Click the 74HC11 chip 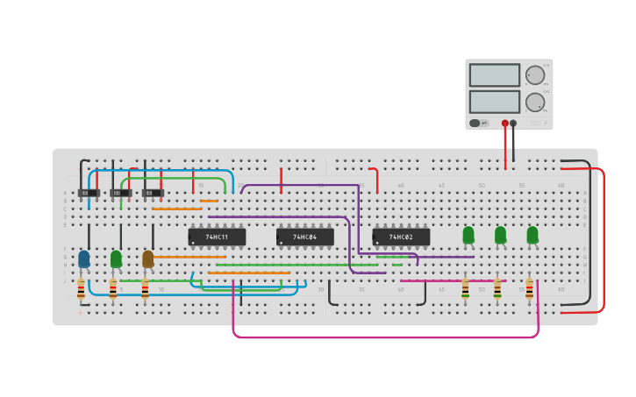click(x=217, y=237)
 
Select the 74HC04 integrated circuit click(x=304, y=237)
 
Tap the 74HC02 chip click(x=401, y=237)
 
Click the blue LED click(x=84, y=259)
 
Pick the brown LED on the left click(x=148, y=259)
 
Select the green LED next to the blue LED click(x=116, y=259)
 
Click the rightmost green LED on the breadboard click(x=532, y=235)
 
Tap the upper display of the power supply click(x=494, y=75)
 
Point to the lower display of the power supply click(x=494, y=102)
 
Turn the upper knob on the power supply click(x=534, y=75)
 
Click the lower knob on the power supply click(x=534, y=103)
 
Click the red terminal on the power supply click(x=505, y=124)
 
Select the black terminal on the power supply click(x=514, y=124)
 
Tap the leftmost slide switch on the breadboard click(x=88, y=193)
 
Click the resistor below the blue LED click(x=82, y=288)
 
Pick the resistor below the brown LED click(x=146, y=288)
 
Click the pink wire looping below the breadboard click(x=386, y=337)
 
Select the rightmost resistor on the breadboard click(x=529, y=289)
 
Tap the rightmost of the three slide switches click(x=153, y=193)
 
